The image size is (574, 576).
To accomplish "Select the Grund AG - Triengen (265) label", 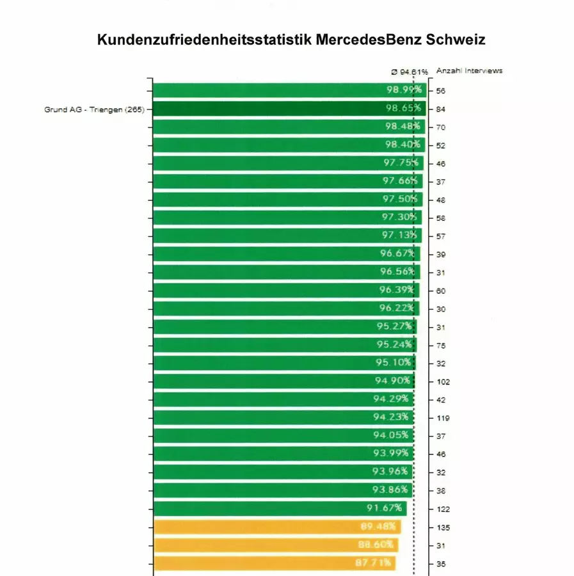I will (94, 109).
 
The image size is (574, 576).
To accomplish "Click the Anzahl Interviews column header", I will (469, 71).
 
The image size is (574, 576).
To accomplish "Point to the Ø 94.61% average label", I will (410, 72).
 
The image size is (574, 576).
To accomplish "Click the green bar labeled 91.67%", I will (269, 509).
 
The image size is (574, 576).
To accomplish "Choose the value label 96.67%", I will (397, 253).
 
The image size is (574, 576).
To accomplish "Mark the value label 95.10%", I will (393, 363).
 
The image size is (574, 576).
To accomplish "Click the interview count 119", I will (443, 418).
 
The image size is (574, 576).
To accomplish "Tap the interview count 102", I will (443, 381).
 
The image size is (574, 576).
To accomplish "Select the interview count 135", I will (443, 528).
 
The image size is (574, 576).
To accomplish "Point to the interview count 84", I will (440, 109).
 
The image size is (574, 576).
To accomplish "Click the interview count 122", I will (443, 509).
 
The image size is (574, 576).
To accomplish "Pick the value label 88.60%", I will (374, 545).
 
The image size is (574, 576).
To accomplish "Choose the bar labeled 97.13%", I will (282, 236).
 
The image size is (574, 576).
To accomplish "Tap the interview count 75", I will (440, 346).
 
